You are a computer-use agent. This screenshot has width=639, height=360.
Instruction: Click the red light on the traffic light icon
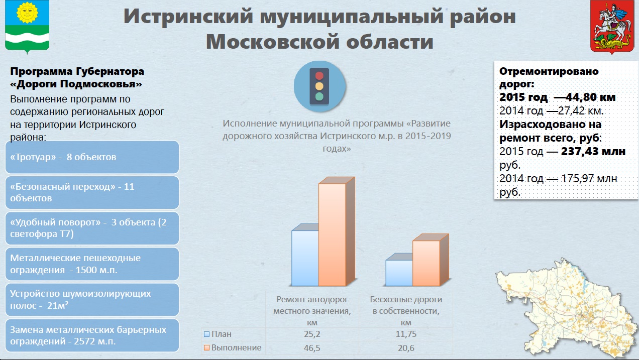point(319,76)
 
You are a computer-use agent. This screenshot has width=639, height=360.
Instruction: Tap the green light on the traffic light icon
point(319,96)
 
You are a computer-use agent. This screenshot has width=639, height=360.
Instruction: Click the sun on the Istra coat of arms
point(27,13)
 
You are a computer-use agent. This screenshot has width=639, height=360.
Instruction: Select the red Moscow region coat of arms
point(612,27)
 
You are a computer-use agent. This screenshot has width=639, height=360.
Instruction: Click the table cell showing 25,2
point(312,334)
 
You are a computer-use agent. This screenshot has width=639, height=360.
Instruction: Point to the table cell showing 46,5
point(312,348)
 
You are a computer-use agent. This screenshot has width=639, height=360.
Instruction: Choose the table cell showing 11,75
point(406,334)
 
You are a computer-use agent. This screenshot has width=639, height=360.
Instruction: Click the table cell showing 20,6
point(406,348)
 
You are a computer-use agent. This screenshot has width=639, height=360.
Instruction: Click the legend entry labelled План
point(218,334)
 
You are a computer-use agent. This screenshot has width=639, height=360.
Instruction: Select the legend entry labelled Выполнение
point(233,348)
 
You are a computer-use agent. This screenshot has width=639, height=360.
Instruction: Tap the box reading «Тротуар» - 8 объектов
point(92,157)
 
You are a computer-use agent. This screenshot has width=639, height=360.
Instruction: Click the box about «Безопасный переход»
point(92,192)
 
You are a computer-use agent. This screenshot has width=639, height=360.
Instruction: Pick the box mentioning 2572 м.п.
point(92,335)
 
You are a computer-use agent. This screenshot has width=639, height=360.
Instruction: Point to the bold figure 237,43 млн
point(593,151)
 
